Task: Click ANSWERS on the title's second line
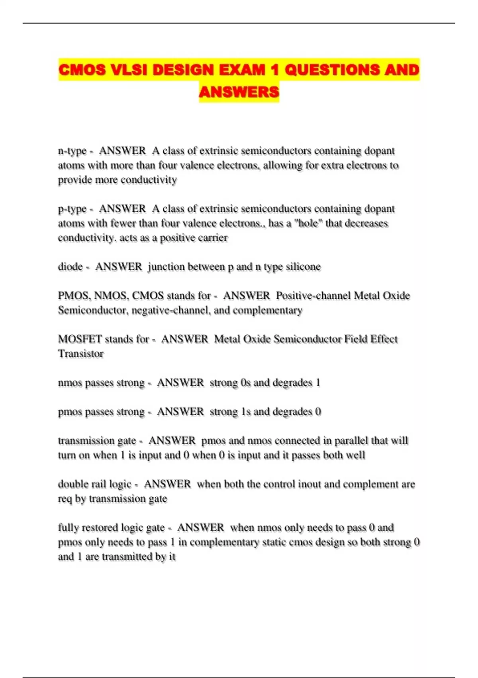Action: point(239,92)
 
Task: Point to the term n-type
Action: point(72,151)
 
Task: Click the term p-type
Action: point(72,209)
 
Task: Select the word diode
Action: point(70,266)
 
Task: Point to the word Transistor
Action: point(81,354)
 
